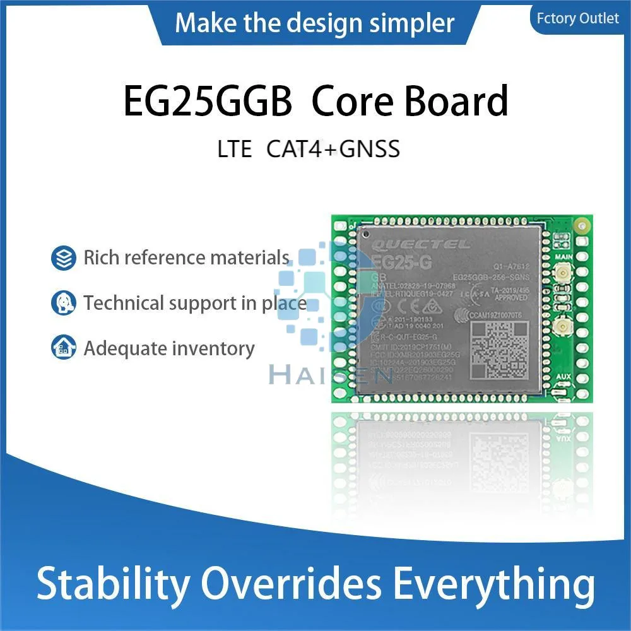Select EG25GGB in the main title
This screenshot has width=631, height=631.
point(208,102)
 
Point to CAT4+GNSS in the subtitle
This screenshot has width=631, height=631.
point(333,150)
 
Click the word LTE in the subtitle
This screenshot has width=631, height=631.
point(235,150)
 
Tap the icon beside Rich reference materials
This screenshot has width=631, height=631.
point(63,257)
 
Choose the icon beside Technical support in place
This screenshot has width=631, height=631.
point(63,303)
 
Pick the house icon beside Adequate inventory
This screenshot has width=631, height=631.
point(63,348)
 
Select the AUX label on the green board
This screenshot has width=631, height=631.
point(563,376)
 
